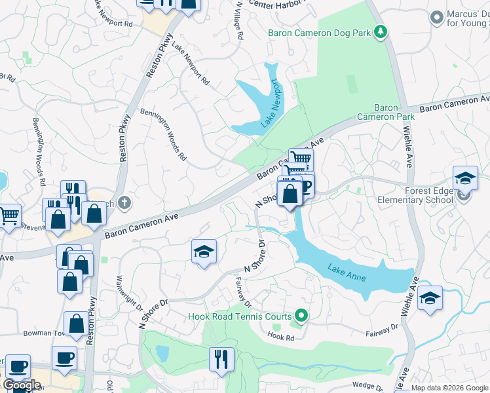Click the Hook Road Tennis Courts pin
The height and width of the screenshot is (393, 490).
point(301,316)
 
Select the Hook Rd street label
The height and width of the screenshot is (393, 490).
point(280,336)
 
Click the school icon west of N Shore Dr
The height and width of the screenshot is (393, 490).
point(204,252)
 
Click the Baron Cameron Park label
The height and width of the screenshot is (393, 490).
point(386,112)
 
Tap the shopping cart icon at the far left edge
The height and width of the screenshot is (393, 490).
point(9,215)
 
